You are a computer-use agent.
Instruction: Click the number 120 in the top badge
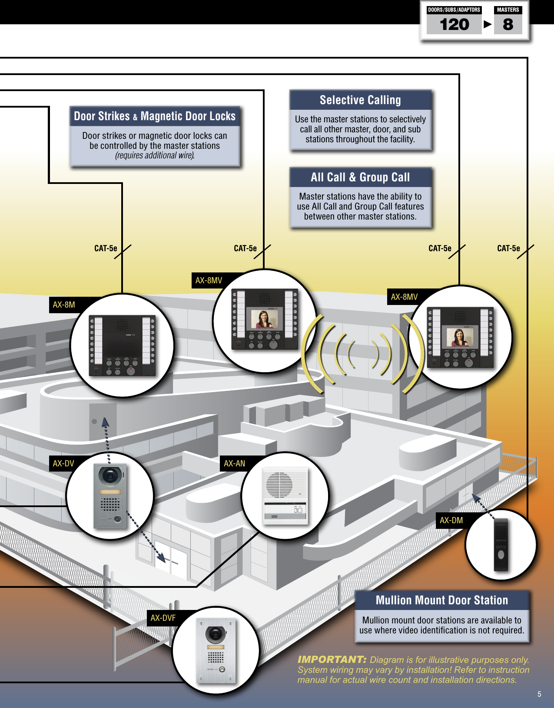[x=454, y=25]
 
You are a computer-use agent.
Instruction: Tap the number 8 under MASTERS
[x=508, y=25]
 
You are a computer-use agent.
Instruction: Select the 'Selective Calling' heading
[x=360, y=100]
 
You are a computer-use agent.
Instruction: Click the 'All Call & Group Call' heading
[x=360, y=177]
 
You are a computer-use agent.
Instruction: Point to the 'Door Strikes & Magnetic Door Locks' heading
[x=155, y=116]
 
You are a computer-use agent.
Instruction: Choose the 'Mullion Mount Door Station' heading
[x=441, y=600]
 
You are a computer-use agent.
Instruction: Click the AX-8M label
[x=64, y=305]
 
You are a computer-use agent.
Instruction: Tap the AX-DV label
[x=63, y=463]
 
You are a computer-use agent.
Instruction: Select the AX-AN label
[x=235, y=463]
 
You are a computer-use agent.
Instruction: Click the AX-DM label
[x=451, y=520]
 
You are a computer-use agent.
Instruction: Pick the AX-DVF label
[x=163, y=618]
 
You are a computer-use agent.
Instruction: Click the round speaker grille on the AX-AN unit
[x=279, y=485]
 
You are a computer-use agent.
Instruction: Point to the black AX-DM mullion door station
[x=501, y=545]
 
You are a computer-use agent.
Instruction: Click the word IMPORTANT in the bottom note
[x=332, y=659]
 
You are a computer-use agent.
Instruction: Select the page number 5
[x=539, y=694]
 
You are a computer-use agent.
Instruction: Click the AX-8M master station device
[x=122, y=345]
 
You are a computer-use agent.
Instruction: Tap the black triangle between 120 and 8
[x=488, y=24]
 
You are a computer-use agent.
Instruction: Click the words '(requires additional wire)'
[x=155, y=155]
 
